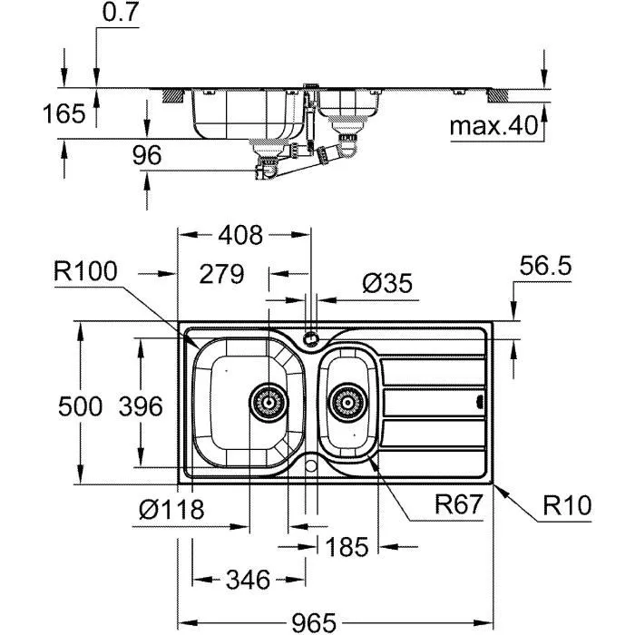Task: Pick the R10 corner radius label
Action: pos(567,505)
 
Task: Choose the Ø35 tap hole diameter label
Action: pos(386,284)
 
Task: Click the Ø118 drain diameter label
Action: pos(171,509)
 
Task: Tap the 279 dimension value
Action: pos(220,273)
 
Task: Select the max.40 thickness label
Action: pos(493,126)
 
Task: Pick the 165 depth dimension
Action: pos(63,113)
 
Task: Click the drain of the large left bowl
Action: pos(267,400)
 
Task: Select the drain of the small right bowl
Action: pos(347,400)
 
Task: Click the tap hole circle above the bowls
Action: pos(311,339)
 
